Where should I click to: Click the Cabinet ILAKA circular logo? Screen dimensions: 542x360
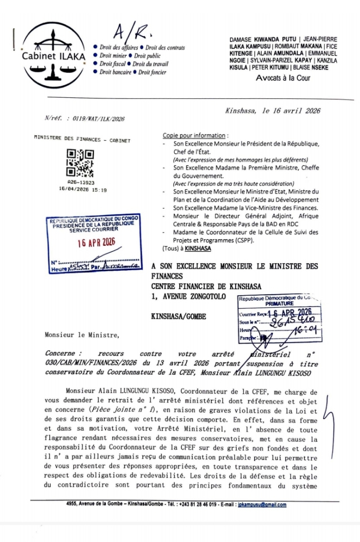pyautogui.click(x=53, y=55)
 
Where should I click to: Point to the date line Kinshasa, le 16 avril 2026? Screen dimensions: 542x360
pyautogui.click(x=272, y=110)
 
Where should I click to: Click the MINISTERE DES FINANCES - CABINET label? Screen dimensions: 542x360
pyautogui.click(x=82, y=140)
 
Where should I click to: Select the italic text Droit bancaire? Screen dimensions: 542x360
pyautogui.click(x=115, y=72)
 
